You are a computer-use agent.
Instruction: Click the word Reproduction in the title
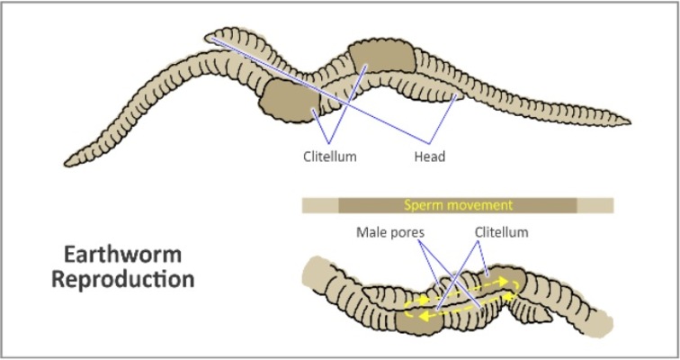coord(122,278)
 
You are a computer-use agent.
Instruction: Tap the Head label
coord(430,157)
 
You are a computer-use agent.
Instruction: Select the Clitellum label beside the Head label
coord(329,157)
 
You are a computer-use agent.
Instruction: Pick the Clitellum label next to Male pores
coord(501,233)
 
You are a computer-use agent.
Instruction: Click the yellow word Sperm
coord(425,205)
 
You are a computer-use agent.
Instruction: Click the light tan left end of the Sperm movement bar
coord(319,205)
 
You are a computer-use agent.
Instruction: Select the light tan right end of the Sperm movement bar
coord(595,205)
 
